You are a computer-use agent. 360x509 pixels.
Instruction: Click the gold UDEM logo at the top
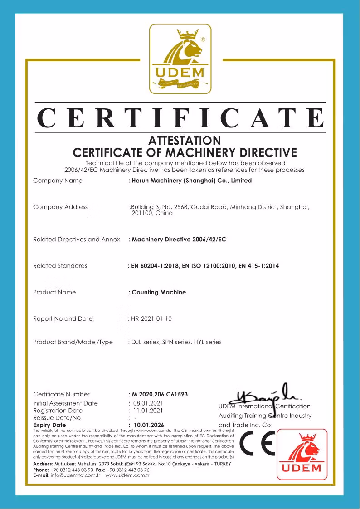point(180,59)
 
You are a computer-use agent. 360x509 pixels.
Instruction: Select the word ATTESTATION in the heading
point(185,140)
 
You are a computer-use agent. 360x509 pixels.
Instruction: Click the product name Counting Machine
point(159,292)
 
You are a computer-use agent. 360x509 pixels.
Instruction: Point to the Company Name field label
point(58,181)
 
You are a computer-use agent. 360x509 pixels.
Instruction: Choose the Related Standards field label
point(60,265)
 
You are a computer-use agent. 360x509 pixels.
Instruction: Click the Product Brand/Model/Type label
point(73,342)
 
